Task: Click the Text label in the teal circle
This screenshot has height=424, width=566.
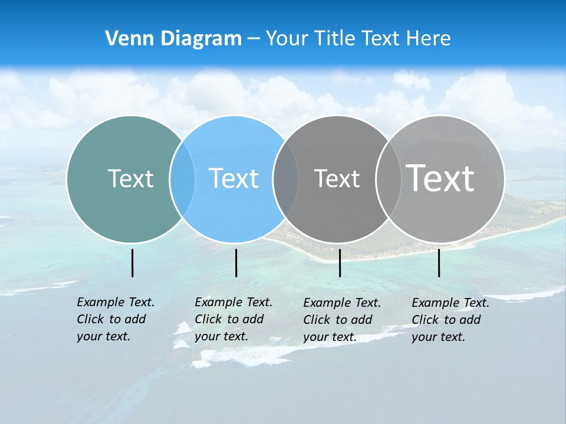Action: pos(130,178)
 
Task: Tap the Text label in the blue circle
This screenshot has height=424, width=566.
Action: pos(234,178)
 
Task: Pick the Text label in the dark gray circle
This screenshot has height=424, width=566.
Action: pos(337,178)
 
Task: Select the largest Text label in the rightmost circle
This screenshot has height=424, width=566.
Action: pos(440,178)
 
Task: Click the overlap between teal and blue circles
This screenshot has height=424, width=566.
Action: pos(182,179)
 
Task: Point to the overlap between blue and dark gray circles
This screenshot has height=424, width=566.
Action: pos(285,179)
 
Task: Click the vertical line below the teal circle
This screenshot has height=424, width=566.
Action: pos(133,263)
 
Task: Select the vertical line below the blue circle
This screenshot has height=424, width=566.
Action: pos(236,263)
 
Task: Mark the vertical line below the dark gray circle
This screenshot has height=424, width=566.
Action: pos(340,263)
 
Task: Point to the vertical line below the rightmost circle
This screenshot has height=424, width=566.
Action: pos(439,263)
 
